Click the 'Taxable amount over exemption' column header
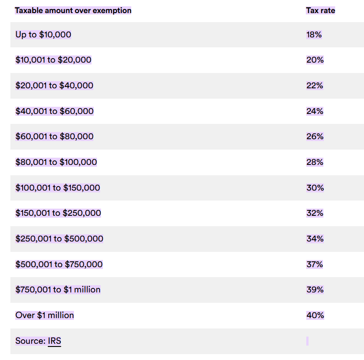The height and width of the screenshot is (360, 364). (x=73, y=10)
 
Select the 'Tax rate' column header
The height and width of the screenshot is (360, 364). (x=320, y=10)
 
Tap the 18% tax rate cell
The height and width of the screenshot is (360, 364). (x=314, y=35)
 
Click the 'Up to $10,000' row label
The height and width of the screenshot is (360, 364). (x=43, y=35)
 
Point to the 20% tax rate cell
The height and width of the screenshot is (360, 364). (x=315, y=60)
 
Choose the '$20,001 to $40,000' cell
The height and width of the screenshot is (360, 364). (x=54, y=86)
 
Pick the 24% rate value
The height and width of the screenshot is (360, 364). (x=315, y=111)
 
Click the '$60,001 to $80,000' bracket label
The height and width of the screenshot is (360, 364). (x=54, y=137)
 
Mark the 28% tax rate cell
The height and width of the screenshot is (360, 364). (x=315, y=162)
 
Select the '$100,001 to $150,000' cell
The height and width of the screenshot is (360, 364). (x=58, y=188)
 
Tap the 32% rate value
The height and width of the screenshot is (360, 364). (x=315, y=213)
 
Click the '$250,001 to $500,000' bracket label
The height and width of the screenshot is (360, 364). (x=59, y=239)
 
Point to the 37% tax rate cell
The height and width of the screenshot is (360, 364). (x=315, y=264)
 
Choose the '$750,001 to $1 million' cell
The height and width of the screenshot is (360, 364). (x=58, y=290)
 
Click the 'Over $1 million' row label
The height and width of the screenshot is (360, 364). (x=45, y=315)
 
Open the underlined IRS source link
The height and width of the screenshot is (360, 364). (x=54, y=341)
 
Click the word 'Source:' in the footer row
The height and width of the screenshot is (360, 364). (x=30, y=341)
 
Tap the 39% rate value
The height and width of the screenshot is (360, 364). (x=315, y=290)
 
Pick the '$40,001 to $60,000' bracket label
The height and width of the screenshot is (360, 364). (x=54, y=111)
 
